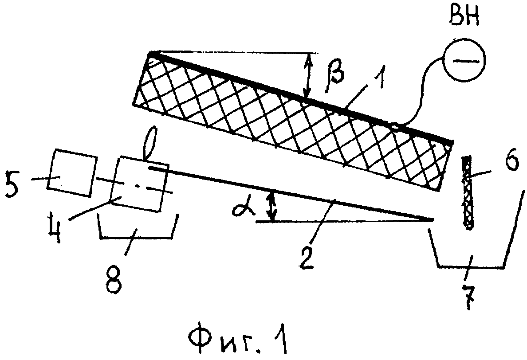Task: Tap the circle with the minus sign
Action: point(464,60)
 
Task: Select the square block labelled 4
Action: point(142,183)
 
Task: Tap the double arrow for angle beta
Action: point(308,75)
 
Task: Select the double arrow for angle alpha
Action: point(271,205)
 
